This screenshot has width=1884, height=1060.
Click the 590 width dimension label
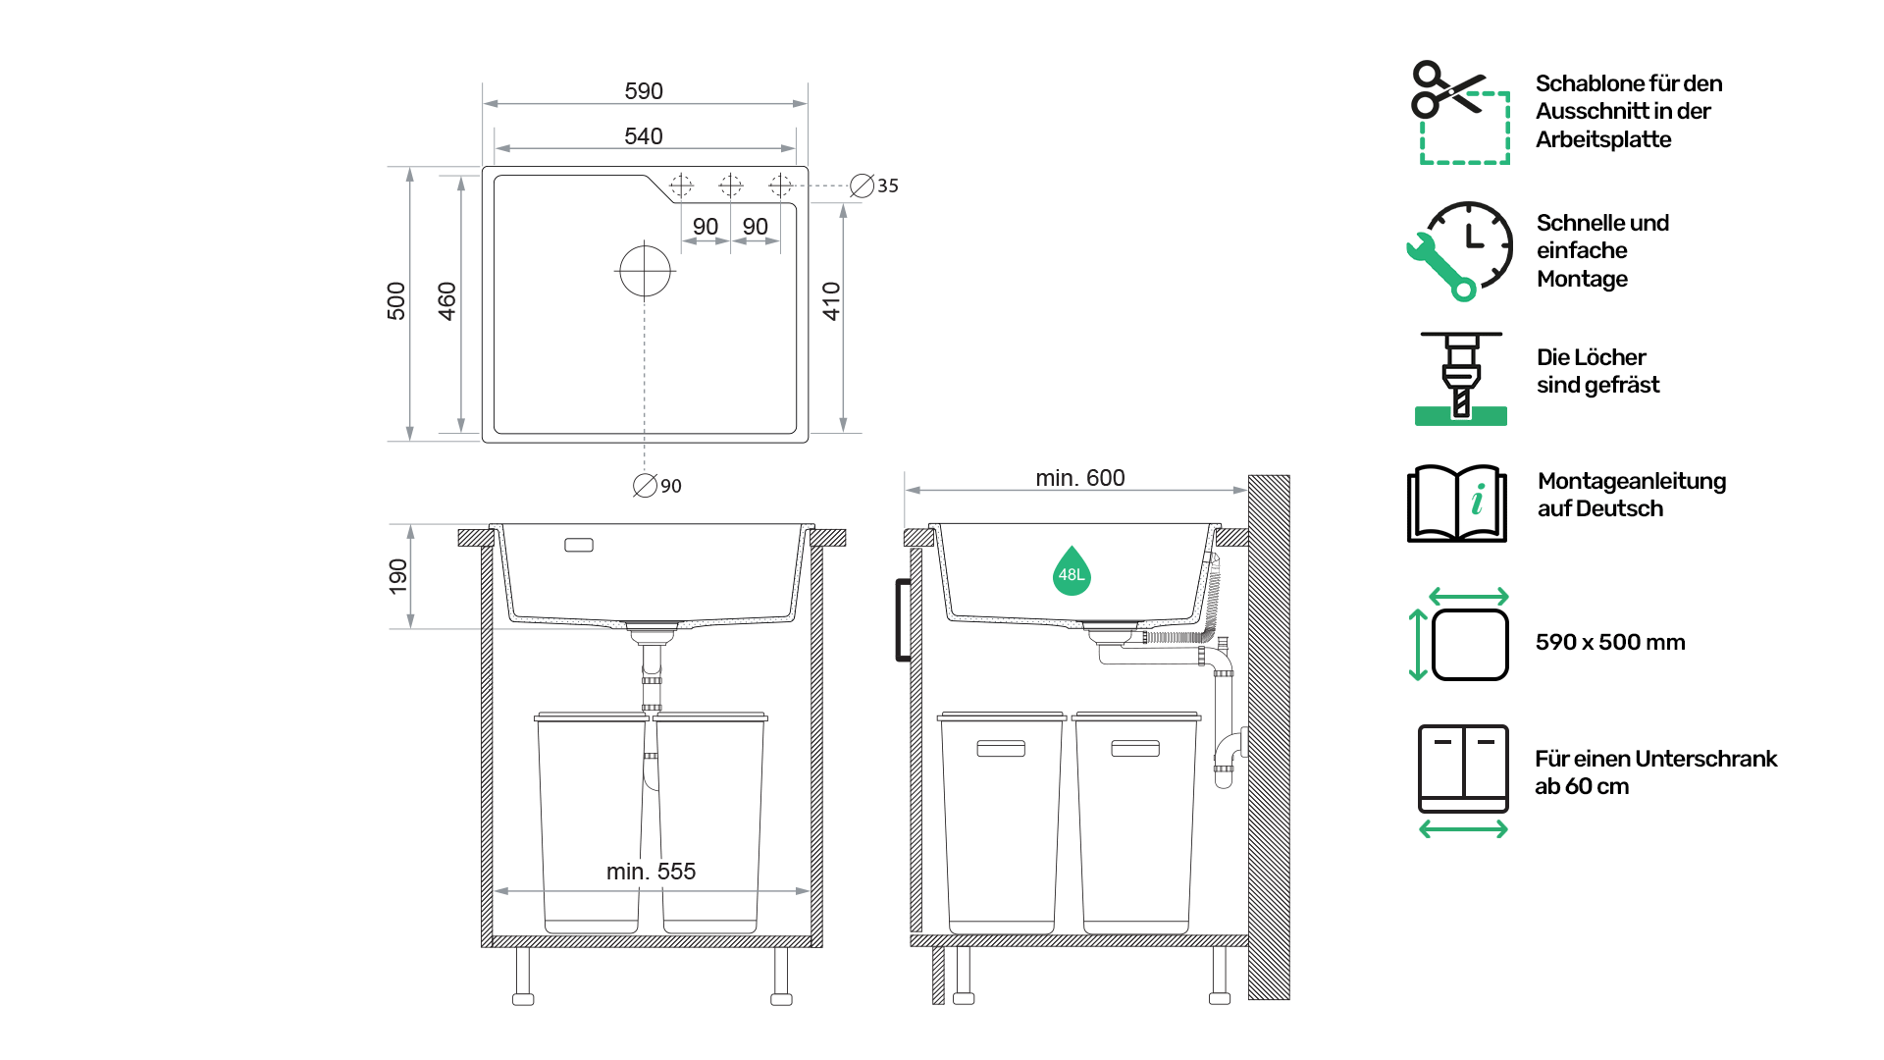tap(644, 91)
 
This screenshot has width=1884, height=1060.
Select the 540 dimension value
tap(644, 136)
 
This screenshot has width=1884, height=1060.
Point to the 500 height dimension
tap(396, 301)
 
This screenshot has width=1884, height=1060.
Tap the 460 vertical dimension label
tap(447, 301)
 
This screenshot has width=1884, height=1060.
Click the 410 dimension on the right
tap(832, 301)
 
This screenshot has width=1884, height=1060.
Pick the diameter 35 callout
tap(874, 185)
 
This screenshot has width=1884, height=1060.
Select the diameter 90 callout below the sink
tap(657, 486)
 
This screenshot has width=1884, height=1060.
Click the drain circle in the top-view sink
tap(645, 271)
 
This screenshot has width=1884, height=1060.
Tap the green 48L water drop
tap(1072, 571)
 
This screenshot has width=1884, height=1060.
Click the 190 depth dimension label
tap(398, 576)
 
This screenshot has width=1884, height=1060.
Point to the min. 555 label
tap(651, 872)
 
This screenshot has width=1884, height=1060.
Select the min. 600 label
tap(1080, 478)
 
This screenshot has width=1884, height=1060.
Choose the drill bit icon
tap(1461, 378)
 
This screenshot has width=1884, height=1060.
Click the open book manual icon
tap(1457, 503)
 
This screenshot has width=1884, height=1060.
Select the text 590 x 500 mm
tap(1610, 642)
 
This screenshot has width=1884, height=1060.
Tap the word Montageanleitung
tap(1632, 481)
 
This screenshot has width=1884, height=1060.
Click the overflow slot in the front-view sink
tap(579, 545)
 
